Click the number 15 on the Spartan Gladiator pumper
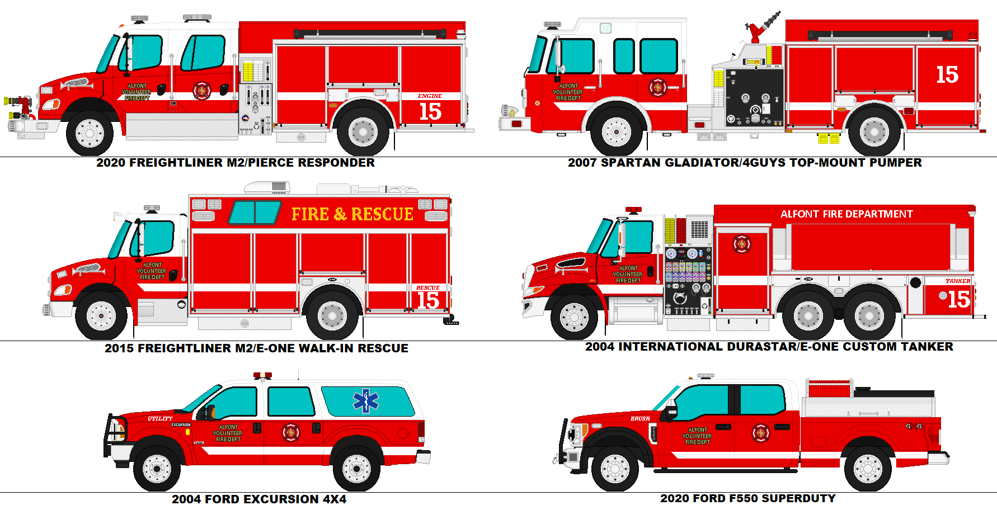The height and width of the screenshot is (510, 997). tap(947, 74)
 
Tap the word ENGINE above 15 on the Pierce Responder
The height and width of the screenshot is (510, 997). tap(430, 96)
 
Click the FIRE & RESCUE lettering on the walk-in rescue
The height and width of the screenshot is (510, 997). tap(352, 214)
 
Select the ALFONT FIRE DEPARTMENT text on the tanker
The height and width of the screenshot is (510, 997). tap(846, 214)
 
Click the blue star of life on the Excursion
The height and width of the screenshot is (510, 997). tap(366, 400)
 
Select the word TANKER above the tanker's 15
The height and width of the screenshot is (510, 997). tap(957, 281)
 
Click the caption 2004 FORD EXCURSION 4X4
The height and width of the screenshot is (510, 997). tap(258, 499)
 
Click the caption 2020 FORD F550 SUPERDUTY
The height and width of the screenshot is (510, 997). tap(747, 498)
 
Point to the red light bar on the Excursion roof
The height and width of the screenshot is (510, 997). tap(262, 375)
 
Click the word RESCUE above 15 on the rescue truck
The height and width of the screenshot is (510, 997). tap(427, 288)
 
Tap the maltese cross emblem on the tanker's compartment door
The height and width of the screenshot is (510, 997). tap(741, 244)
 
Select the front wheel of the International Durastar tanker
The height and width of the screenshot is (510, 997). tap(574, 317)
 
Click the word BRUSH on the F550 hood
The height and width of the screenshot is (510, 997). tap(640, 418)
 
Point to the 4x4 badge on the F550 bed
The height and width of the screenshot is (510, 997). tap(914, 426)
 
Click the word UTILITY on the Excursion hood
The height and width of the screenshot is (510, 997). tap(160, 418)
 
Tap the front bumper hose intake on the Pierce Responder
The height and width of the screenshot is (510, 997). tap(17, 103)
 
